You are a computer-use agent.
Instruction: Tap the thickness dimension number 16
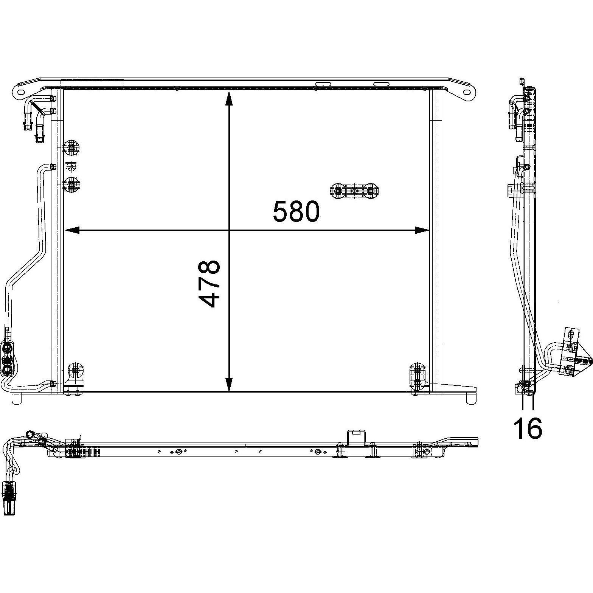click(x=528, y=428)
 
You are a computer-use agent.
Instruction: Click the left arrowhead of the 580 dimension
click(x=72, y=230)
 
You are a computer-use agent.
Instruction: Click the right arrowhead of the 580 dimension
click(x=422, y=230)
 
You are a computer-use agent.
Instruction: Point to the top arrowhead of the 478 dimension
click(x=229, y=98)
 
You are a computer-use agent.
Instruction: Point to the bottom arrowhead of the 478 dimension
click(x=229, y=384)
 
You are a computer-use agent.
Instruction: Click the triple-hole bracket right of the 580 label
click(x=354, y=191)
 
